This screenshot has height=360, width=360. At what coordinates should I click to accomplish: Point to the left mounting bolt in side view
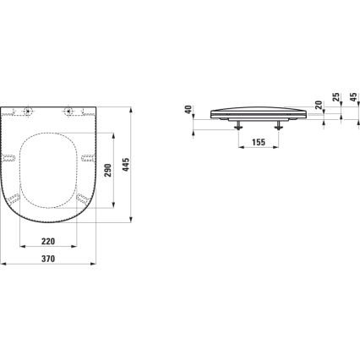pos(237,125)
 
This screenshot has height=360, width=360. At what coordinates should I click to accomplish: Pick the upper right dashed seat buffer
pos(87,159)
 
